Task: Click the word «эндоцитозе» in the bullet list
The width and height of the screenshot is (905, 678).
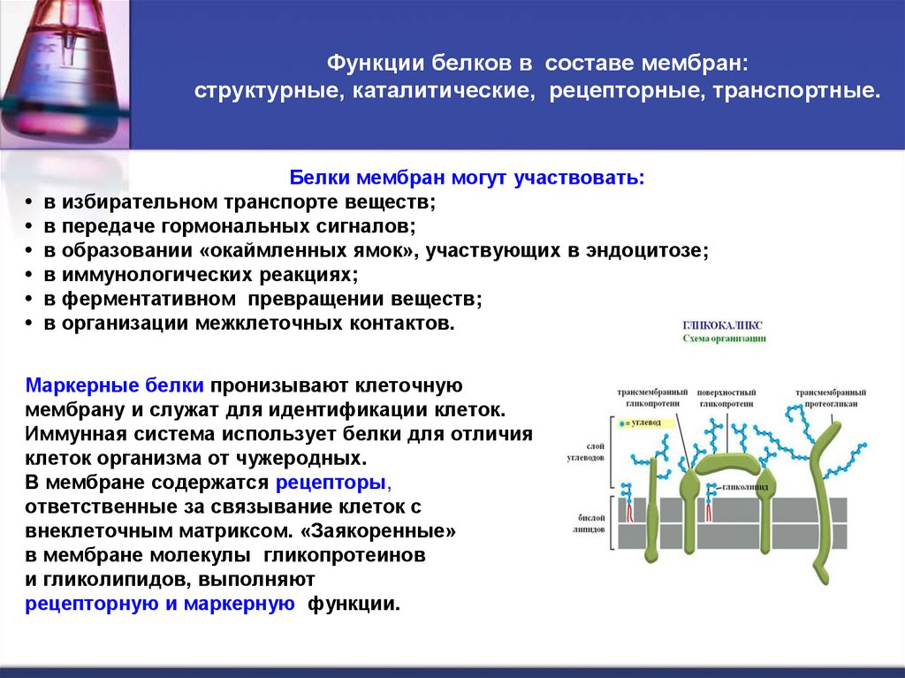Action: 656,250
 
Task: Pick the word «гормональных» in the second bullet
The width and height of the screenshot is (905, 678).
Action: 240,226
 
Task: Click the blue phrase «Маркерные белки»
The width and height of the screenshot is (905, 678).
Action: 116,386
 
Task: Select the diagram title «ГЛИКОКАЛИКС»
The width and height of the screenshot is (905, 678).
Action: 722,325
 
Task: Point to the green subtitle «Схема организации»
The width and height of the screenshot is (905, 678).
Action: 724,339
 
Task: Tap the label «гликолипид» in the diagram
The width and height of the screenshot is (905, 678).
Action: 746,486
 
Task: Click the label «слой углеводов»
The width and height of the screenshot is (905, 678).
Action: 585,452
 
